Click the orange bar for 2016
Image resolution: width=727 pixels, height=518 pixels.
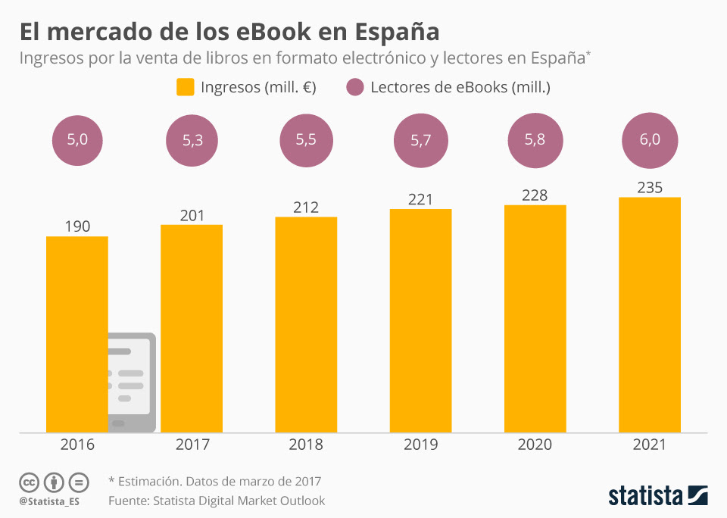[x=76, y=333]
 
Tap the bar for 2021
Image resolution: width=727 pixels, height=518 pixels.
[x=650, y=314]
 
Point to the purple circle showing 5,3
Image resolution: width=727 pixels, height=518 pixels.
[x=192, y=139]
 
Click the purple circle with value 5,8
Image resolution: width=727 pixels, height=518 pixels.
[x=535, y=139]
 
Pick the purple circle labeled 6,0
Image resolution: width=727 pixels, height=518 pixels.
[x=649, y=139]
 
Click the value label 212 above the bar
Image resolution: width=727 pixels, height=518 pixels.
[x=306, y=208]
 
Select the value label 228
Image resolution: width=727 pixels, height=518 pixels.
[x=535, y=195]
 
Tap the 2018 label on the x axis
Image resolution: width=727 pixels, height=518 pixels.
[x=306, y=445]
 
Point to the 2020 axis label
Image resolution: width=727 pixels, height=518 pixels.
[x=535, y=445]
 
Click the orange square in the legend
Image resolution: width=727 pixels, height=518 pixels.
[x=186, y=87]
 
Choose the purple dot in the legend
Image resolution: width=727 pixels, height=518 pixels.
[x=355, y=87]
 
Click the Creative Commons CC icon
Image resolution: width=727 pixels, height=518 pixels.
[x=30, y=482]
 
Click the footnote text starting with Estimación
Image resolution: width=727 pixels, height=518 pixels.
[x=220, y=481]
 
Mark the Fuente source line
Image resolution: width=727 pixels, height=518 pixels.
[x=217, y=501]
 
